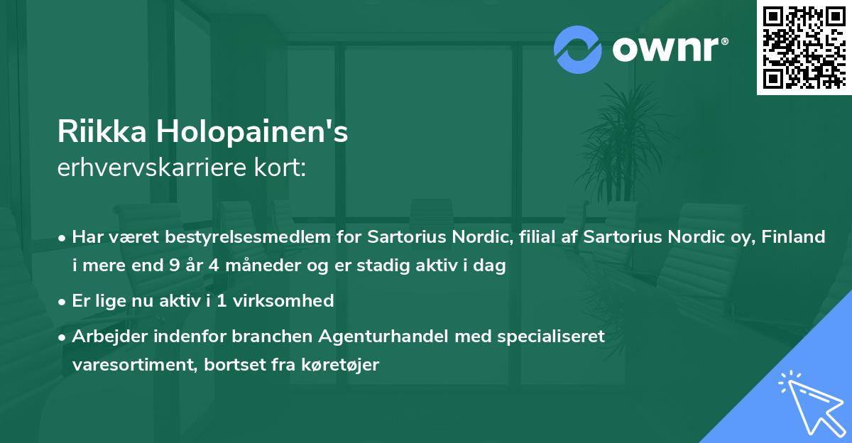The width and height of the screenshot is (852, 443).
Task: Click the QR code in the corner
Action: [804, 48]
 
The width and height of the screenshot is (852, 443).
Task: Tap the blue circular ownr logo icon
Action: [578, 49]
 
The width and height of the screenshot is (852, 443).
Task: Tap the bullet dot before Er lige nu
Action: [63, 302]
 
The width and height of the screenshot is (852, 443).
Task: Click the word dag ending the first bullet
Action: [491, 267]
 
